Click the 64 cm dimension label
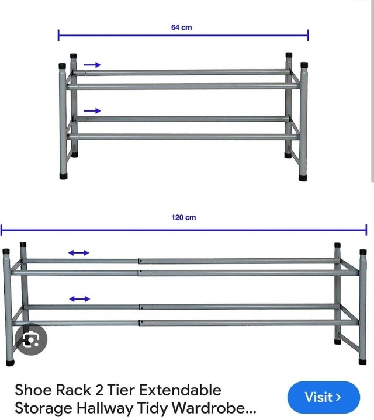point(181,27)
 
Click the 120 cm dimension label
point(183,217)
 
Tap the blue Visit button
point(324,397)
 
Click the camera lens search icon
point(31,339)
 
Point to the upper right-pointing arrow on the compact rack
point(92,65)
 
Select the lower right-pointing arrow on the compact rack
point(92,110)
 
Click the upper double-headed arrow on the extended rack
point(78,252)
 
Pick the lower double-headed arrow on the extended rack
point(79,299)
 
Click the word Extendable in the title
point(180,390)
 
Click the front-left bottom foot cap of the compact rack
point(64,176)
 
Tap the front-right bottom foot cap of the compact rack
point(303,178)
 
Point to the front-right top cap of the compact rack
point(304,65)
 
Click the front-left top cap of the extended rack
point(6,252)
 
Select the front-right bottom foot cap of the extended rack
point(362,362)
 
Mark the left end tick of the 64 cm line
point(58,35)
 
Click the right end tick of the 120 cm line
point(366,230)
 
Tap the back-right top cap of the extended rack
point(338,245)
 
